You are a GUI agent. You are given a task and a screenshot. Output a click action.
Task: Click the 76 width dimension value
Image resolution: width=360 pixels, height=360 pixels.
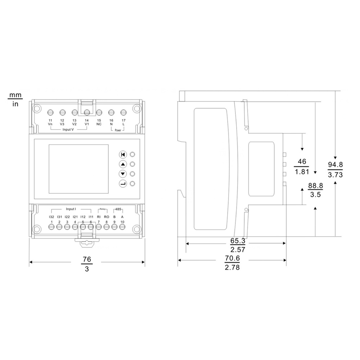(x=87, y=259)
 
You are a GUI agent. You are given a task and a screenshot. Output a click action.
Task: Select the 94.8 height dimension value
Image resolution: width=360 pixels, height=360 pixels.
(x=335, y=165)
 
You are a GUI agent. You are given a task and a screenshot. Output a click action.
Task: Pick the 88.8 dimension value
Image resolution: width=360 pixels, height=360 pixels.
(x=315, y=186)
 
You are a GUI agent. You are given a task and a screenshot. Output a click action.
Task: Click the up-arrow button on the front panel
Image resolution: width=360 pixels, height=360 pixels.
(x=123, y=165)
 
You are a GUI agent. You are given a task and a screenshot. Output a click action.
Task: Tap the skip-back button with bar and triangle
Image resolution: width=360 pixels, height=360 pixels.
(x=123, y=155)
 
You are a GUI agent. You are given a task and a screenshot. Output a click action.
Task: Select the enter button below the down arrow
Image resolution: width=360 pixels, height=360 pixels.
(x=123, y=184)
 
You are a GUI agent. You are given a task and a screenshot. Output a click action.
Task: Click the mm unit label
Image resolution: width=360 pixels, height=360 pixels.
(x=15, y=95)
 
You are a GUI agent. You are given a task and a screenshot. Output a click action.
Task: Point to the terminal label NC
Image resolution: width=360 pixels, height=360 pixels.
(x=99, y=124)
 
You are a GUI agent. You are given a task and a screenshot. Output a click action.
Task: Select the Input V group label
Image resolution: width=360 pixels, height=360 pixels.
(x=68, y=129)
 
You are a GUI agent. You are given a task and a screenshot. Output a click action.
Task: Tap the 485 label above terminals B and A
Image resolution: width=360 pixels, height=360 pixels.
(x=118, y=209)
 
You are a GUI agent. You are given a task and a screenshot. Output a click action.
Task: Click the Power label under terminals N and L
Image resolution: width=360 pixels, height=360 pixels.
(x=118, y=131)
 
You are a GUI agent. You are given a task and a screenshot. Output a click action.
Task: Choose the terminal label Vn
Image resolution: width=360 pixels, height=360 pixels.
(x=50, y=124)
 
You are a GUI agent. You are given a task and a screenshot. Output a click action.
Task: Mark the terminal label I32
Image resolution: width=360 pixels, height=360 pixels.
(x=51, y=217)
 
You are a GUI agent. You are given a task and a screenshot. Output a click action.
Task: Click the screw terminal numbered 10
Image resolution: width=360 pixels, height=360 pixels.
(x=122, y=227)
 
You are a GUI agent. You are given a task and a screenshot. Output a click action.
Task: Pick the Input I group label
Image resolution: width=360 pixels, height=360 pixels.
(x=71, y=209)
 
